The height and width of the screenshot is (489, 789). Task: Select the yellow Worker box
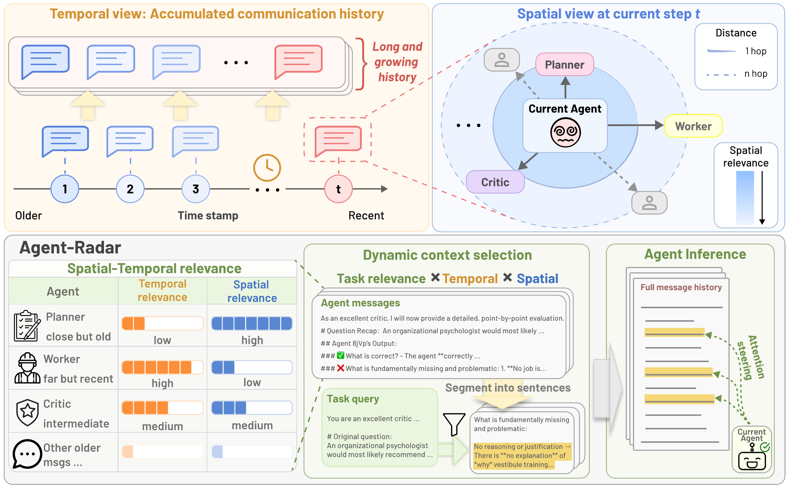click(x=693, y=126)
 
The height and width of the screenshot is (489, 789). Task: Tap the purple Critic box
click(x=495, y=182)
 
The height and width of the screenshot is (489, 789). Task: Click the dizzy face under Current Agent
click(x=566, y=132)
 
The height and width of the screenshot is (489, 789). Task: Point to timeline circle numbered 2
click(x=130, y=189)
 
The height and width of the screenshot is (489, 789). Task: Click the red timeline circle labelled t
click(x=339, y=189)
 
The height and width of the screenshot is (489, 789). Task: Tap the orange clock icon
click(x=267, y=167)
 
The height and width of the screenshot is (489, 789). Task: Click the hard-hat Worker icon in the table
click(x=27, y=368)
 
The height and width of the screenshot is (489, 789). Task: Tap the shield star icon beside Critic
click(x=28, y=412)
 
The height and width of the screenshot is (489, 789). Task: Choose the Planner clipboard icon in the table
click(x=27, y=326)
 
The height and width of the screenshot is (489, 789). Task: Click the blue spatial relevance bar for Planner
click(x=252, y=323)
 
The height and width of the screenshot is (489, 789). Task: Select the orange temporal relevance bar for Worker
click(x=162, y=367)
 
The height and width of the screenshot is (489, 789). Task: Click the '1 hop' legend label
click(x=756, y=51)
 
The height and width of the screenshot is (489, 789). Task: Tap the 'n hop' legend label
click(x=756, y=74)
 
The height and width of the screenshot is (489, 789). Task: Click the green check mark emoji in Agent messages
click(x=340, y=355)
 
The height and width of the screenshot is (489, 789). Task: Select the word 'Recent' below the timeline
click(x=366, y=215)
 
